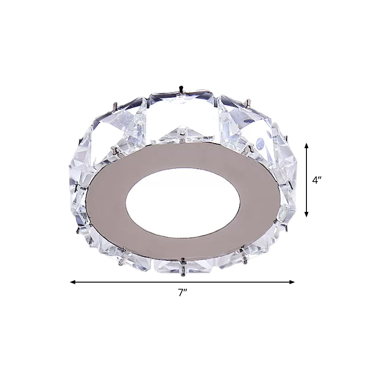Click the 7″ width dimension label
click(183, 293)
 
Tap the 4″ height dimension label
click(317, 180)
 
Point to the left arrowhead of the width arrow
click(73, 282)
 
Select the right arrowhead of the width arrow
click(292, 282)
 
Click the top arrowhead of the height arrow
click(306, 146)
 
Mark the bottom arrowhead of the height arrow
click(306, 214)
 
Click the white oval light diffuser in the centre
click(183, 202)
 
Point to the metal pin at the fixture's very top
click(180, 89)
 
